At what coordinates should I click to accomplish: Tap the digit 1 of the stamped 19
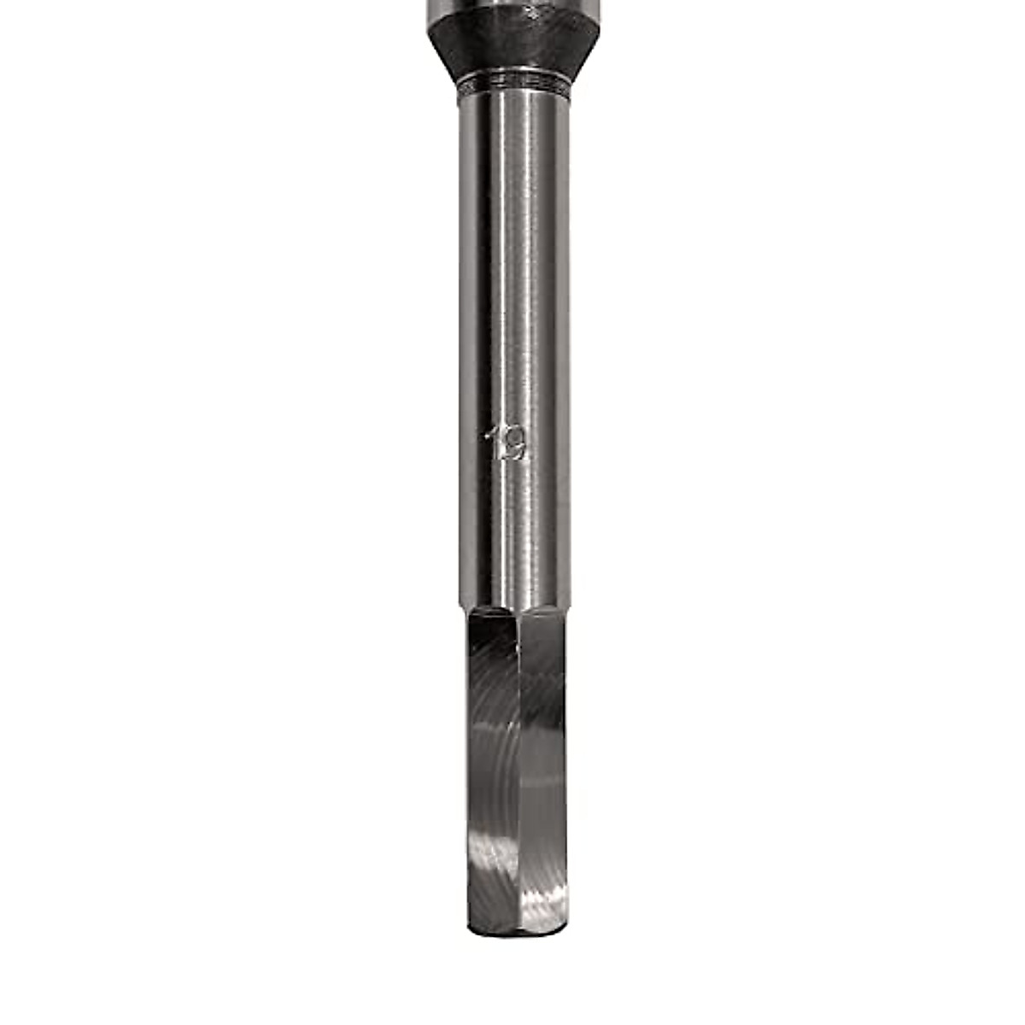[494, 442]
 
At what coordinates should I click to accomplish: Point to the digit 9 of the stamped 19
[513, 444]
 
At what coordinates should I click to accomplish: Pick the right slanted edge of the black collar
[584, 51]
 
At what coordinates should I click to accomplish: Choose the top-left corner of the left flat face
[471, 613]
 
